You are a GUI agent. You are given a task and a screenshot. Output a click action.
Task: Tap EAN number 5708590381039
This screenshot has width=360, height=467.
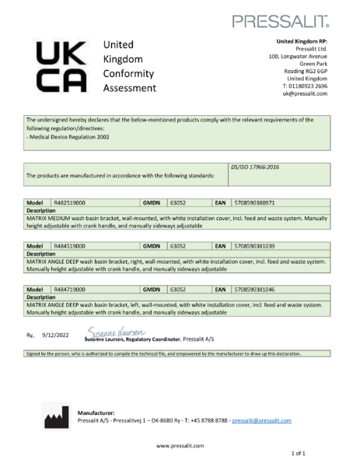click(255, 245)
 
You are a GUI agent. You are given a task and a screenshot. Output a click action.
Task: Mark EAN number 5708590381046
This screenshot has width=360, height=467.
click(255, 288)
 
